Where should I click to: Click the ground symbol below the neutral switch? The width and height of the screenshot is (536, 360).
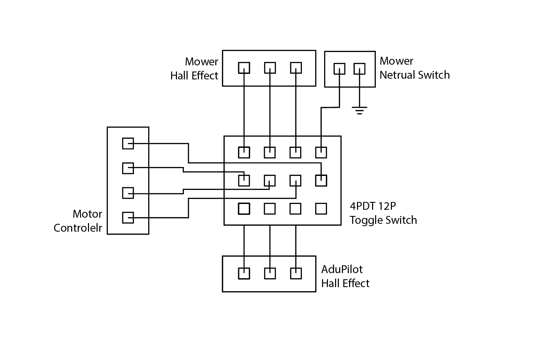click(359, 111)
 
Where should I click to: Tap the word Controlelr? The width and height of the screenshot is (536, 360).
click(78, 228)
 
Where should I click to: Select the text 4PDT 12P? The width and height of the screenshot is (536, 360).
click(373, 206)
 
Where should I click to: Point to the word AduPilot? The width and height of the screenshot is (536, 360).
click(342, 269)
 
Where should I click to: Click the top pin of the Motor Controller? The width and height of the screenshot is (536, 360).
click(128, 143)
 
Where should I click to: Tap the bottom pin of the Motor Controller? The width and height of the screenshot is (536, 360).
click(128, 218)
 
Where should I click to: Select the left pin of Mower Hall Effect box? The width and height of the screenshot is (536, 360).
click(244, 68)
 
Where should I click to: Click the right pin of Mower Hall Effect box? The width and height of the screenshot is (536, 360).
click(296, 68)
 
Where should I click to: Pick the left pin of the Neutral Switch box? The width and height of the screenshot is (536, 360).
click(339, 69)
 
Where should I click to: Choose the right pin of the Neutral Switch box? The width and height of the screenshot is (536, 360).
click(359, 69)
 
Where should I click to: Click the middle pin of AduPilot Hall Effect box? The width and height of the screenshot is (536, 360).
click(270, 273)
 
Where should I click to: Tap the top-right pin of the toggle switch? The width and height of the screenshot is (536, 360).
click(321, 152)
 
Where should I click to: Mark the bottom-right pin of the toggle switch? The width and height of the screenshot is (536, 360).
click(321, 209)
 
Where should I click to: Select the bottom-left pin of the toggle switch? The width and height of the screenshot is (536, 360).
click(244, 209)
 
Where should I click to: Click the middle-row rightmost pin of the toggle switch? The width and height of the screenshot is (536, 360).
click(321, 181)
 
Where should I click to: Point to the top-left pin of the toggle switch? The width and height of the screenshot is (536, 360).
click(244, 152)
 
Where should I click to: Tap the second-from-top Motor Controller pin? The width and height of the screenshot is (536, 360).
click(128, 168)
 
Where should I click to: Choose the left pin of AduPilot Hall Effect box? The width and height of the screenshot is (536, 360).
click(244, 273)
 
